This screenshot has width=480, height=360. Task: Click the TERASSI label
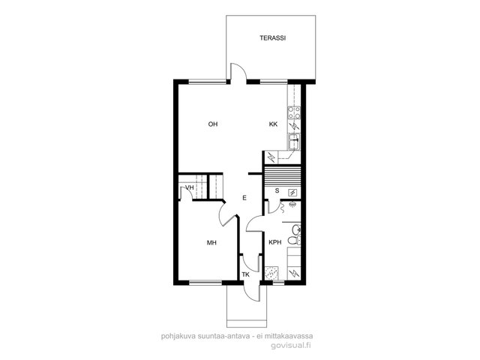pyautogui.click(x=272, y=38)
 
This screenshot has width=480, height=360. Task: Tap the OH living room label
pyautogui.click(x=213, y=124)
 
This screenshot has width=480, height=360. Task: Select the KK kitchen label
pyautogui.click(x=273, y=124)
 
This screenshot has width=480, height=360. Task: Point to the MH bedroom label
pyautogui.click(x=211, y=243)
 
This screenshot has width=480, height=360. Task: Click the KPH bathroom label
pyautogui.click(x=275, y=242)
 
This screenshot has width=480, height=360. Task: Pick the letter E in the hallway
pyautogui.click(x=244, y=198)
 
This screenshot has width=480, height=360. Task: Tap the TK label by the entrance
pyautogui.click(x=245, y=274)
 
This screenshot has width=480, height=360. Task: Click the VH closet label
pyautogui.click(x=190, y=187)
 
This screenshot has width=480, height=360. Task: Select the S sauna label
pyautogui.click(x=277, y=190)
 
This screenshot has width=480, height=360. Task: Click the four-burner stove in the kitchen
pyautogui.click(x=294, y=112)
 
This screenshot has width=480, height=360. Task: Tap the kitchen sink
pyautogui.click(x=294, y=142)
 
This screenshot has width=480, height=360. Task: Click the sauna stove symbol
pyautogui.click(x=292, y=192)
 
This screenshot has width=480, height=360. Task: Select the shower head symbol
pyautogui.click(x=292, y=203)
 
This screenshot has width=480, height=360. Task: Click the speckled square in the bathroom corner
pyautogui.click(x=271, y=273)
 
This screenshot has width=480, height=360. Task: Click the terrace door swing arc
pyautogui.click(x=242, y=68)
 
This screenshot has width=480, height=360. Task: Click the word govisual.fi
pyautogui.click(x=291, y=345)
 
